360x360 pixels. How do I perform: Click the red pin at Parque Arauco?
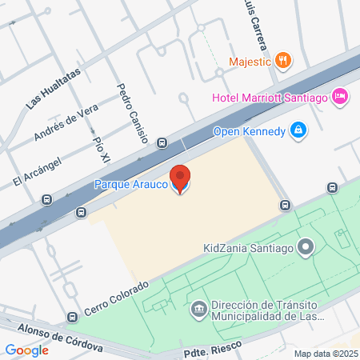pyautogui.click(x=181, y=178)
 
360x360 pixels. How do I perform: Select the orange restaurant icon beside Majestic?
pyautogui.click(x=282, y=60)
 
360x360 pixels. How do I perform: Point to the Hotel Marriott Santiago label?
pyautogui.click(x=270, y=98)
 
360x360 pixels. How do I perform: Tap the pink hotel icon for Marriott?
pyautogui.click(x=339, y=96)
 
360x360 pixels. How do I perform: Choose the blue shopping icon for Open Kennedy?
pyautogui.click(x=298, y=130)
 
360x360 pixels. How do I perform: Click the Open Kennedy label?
pyautogui.click(x=249, y=131)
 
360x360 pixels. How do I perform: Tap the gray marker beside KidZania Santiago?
pyautogui.click(x=304, y=247)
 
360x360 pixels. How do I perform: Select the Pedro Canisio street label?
pyautogui.click(x=132, y=113)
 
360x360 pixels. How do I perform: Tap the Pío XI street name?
pyautogui.click(x=101, y=150)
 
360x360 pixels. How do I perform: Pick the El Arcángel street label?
pyautogui.click(x=38, y=170)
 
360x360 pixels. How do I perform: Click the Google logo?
pyautogui.click(x=27, y=350)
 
